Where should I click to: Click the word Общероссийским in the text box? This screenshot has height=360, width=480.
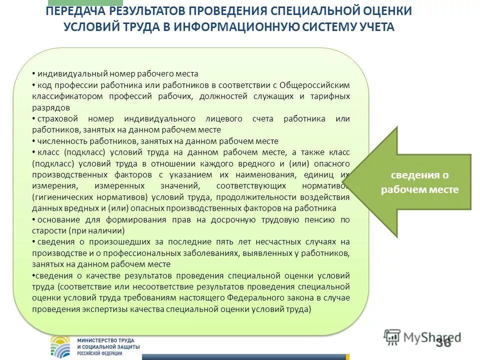click(x=314, y=85)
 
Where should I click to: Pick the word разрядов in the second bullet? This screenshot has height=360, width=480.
click(x=50, y=107)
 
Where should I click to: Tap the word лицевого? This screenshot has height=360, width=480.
click(x=224, y=119)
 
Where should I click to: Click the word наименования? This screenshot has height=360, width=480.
click(x=274, y=175)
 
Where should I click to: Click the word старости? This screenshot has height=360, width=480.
click(x=48, y=230)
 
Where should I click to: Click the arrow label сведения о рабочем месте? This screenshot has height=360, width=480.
click(x=419, y=182)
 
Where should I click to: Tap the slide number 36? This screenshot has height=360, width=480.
click(x=443, y=342)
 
